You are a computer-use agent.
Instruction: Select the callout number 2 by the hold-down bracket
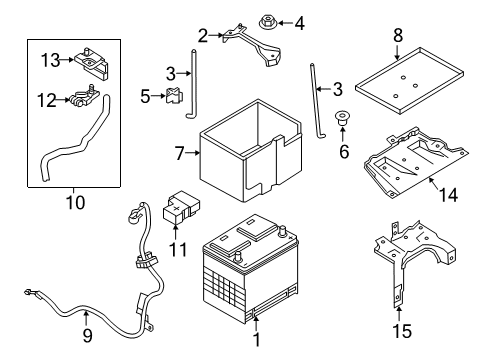click(x=203, y=37)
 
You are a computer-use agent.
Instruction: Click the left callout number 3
click(x=170, y=73)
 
